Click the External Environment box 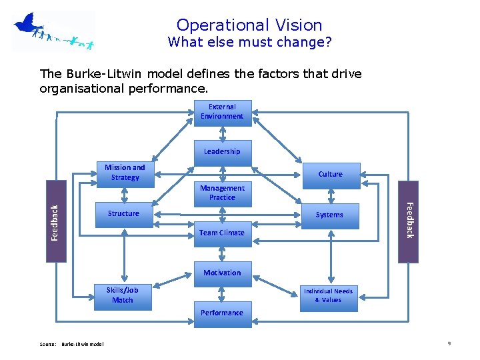point(222,111)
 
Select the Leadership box point(222,152)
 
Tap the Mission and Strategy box point(125,173)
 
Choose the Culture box point(330,175)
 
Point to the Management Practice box point(222,193)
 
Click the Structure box point(124,214)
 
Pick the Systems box point(329,215)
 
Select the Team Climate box point(222,233)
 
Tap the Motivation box point(222,273)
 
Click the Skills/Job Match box point(123,296)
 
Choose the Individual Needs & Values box point(328,296)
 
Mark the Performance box point(222,313)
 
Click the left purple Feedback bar point(56,221)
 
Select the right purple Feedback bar point(408,221)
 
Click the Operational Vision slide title point(249,25)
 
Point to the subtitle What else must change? point(249,43)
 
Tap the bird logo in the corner point(52,31)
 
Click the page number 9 point(449,343)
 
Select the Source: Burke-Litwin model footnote point(71,344)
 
